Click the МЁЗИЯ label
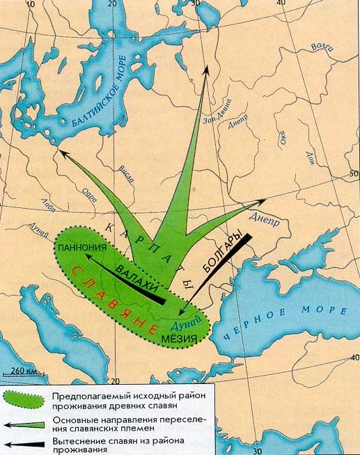pyautogui.click(x=184, y=339)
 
